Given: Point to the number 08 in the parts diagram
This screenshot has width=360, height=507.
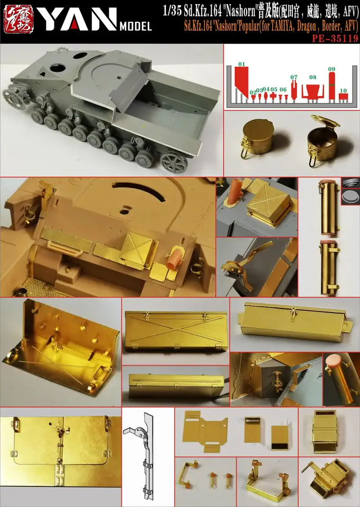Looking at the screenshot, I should (x=313, y=77).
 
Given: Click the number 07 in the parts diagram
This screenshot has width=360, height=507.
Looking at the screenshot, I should (x=294, y=77).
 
